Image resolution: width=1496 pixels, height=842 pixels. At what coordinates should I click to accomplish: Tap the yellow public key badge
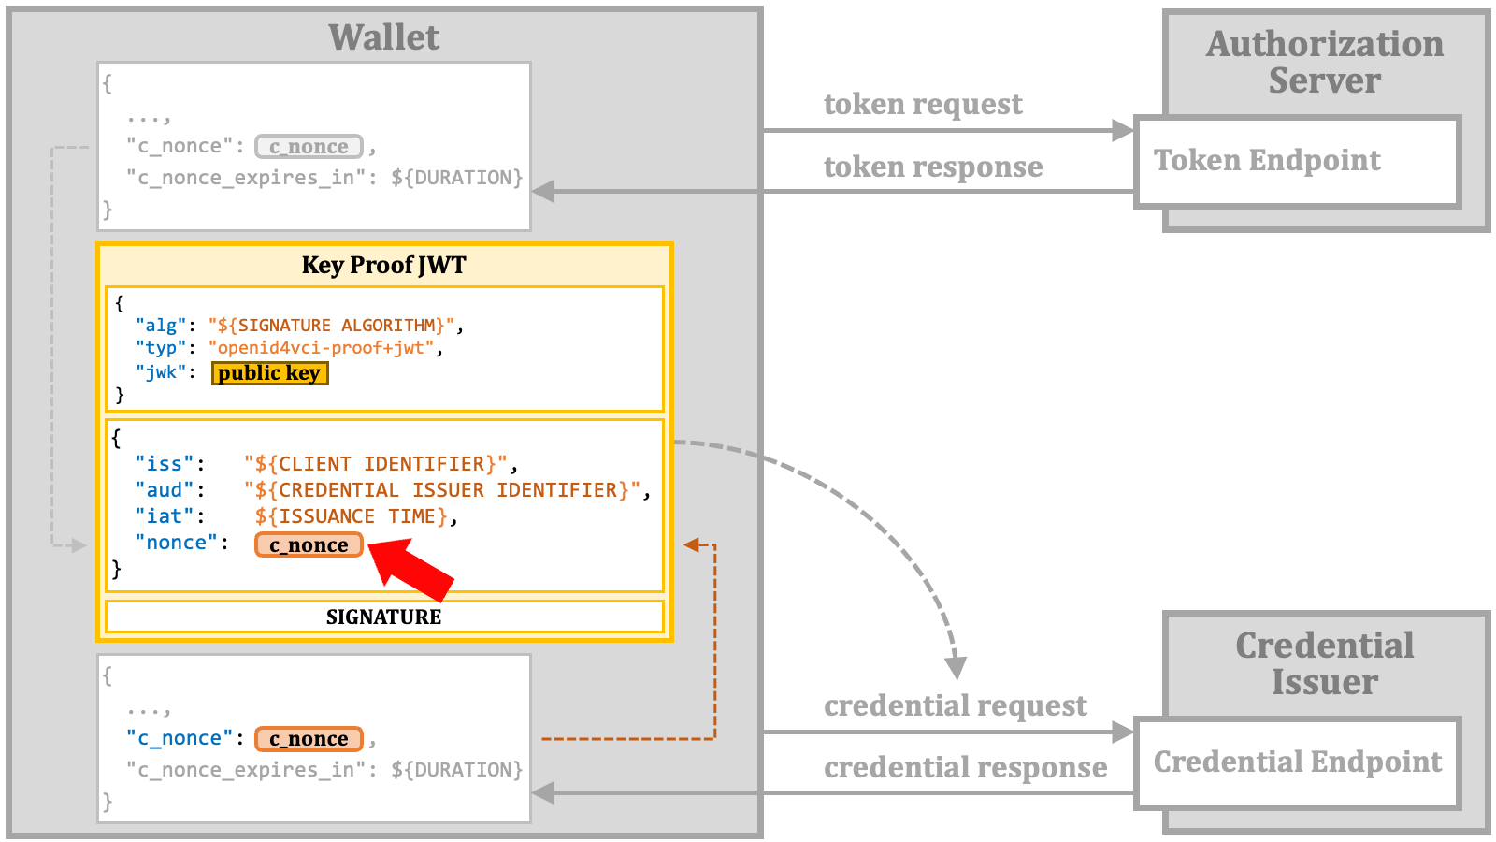pos(270,373)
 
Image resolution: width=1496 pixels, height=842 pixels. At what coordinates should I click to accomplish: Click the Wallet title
pos(384,36)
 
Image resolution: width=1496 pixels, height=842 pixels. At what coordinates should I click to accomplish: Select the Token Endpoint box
pos(1298,162)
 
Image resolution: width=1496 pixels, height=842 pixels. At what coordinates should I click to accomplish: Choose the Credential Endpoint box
pos(1298,763)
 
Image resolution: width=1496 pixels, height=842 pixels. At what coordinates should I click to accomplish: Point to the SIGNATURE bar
pos(384,617)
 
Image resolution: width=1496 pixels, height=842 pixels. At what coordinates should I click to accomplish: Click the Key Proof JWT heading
pos(384,265)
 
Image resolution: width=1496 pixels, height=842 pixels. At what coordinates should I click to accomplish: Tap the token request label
pos(923,104)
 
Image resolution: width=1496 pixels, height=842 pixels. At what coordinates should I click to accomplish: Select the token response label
pos(933,167)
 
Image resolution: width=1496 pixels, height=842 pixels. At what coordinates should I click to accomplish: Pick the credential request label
pos(955,705)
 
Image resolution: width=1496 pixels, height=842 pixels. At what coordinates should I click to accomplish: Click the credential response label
pos(965,768)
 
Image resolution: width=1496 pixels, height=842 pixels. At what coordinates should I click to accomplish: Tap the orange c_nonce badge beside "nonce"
pos(309,544)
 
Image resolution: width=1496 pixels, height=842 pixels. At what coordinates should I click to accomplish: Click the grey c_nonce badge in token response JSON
pos(309,146)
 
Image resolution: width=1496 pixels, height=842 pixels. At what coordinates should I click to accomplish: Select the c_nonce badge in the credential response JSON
pos(309,738)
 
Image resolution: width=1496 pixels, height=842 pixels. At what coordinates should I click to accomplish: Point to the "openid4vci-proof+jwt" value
pos(322,348)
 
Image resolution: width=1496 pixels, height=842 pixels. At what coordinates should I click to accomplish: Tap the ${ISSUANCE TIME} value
pos(352,516)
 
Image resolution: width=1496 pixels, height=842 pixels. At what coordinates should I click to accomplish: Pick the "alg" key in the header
pos(161,326)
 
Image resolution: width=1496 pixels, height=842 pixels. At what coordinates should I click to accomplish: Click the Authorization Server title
pos(1325,62)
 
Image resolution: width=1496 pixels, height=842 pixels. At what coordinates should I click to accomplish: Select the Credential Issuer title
pos(1325,663)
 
